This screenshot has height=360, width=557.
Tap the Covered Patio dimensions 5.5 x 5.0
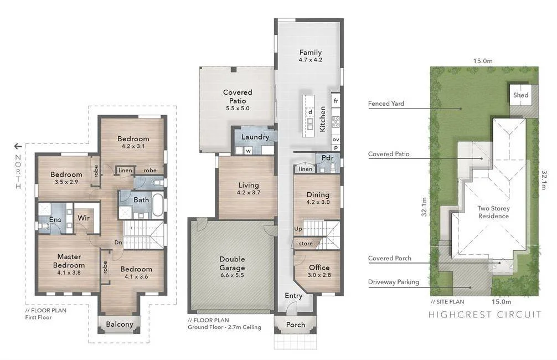pyautogui.click(x=238, y=109)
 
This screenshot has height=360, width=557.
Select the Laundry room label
pyautogui.click(x=255, y=137)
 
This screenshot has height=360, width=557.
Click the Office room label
pyautogui.click(x=319, y=268)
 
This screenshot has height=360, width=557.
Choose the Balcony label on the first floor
pyautogui.click(x=119, y=324)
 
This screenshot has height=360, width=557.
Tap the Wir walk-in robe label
pyautogui.click(x=83, y=218)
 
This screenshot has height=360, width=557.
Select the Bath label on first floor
pyautogui.click(x=141, y=199)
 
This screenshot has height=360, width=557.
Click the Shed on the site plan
pyautogui.click(x=520, y=95)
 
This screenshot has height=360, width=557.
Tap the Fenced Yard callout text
pyautogui.click(x=386, y=104)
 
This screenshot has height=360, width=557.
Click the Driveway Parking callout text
pyautogui.click(x=394, y=282)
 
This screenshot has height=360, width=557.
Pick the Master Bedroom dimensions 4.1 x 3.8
pyautogui.click(x=69, y=272)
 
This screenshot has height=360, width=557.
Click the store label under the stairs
pyautogui.click(x=306, y=244)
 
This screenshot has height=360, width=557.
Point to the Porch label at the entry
pyautogui.click(x=295, y=325)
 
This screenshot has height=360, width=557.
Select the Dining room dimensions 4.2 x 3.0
pyautogui.click(x=318, y=202)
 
